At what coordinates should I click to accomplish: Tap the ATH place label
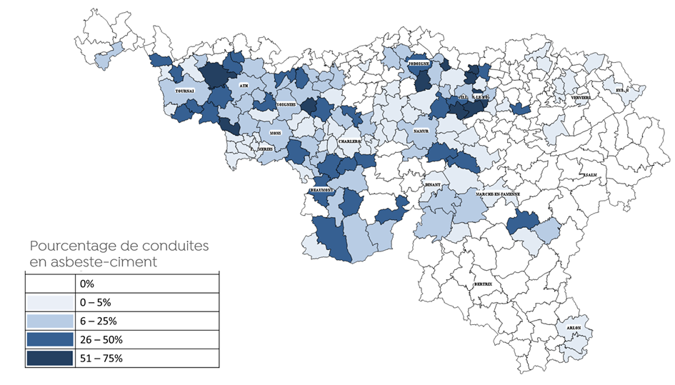click(x=244, y=85)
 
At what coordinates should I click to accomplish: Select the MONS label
click(x=275, y=133)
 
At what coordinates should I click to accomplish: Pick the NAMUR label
click(x=420, y=132)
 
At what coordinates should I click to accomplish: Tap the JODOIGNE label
click(x=419, y=63)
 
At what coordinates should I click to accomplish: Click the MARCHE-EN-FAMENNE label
click(x=492, y=194)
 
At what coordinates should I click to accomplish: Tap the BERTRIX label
click(x=483, y=284)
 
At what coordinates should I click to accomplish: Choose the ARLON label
click(x=574, y=328)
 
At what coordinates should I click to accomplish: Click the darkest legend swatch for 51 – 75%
click(x=49, y=358)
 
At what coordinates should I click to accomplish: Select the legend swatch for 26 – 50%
click(x=49, y=339)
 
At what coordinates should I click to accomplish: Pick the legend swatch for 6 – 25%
click(x=49, y=320)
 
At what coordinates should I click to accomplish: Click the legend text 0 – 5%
click(x=97, y=301)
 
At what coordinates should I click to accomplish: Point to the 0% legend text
click(x=89, y=283)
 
